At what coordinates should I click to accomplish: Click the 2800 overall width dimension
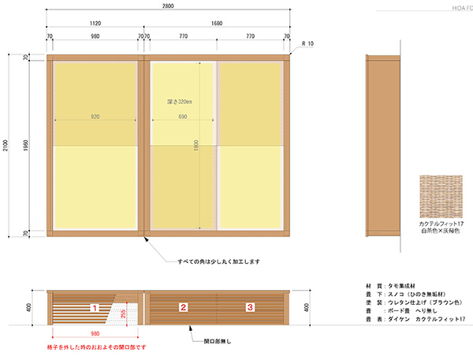(169, 6)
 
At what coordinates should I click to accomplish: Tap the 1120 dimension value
(95, 24)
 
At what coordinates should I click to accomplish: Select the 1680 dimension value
(216, 24)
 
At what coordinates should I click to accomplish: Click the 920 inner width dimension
(95, 117)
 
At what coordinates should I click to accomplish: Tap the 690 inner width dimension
(182, 117)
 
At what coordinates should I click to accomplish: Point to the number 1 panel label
(95, 306)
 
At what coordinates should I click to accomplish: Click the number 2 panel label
(183, 306)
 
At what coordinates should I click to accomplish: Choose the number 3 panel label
(250, 306)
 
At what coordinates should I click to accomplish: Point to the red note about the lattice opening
(95, 347)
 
